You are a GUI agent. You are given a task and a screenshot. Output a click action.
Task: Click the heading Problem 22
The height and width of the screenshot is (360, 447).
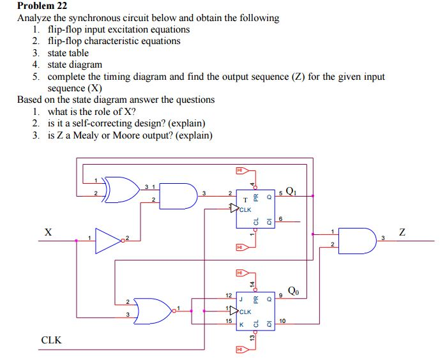pos(42,6)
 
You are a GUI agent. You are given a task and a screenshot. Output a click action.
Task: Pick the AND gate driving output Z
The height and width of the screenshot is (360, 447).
pos(356,240)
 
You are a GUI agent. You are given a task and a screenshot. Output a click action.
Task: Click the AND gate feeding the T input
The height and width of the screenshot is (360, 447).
pos(181,194)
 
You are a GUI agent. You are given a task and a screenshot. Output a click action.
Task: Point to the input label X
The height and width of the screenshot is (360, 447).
pos(48,232)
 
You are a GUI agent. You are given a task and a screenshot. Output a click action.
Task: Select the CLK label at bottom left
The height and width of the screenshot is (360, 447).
pos(51,340)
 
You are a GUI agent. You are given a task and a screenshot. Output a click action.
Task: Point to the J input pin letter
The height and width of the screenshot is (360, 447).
pos(239,297)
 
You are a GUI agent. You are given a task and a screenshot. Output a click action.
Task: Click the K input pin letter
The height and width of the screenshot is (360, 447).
pos(240,325)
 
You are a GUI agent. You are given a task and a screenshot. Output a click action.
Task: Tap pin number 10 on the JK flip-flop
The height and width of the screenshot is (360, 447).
pos(282,320)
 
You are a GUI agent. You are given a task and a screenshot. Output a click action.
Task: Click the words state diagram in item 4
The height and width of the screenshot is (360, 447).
pos(75,64)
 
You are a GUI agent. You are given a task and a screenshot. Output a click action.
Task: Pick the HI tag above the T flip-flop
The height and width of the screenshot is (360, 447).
pos(241,170)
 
